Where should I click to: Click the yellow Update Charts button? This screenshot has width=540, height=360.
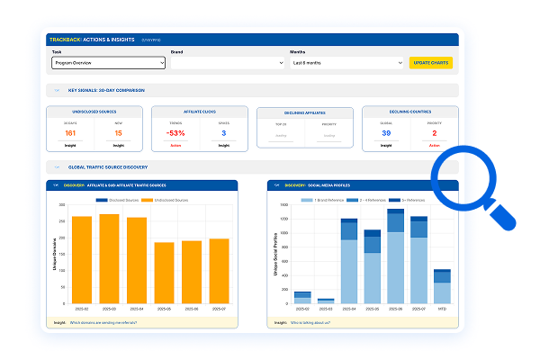[430, 63]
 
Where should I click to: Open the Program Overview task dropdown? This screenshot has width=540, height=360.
[108, 63]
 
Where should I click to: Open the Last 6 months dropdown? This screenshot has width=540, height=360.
[347, 63]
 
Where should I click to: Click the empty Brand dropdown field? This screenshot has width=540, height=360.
[228, 63]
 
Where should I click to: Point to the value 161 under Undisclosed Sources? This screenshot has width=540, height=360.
[69, 132]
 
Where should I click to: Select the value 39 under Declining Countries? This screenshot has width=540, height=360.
[385, 132]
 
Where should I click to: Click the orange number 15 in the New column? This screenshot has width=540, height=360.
[118, 132]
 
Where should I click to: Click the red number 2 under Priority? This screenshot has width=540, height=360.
[434, 132]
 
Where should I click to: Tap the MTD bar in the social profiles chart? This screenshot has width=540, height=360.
[442, 287]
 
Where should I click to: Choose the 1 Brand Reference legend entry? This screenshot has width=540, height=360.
[332, 199]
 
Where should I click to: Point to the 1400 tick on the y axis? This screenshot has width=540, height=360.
[283, 205]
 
